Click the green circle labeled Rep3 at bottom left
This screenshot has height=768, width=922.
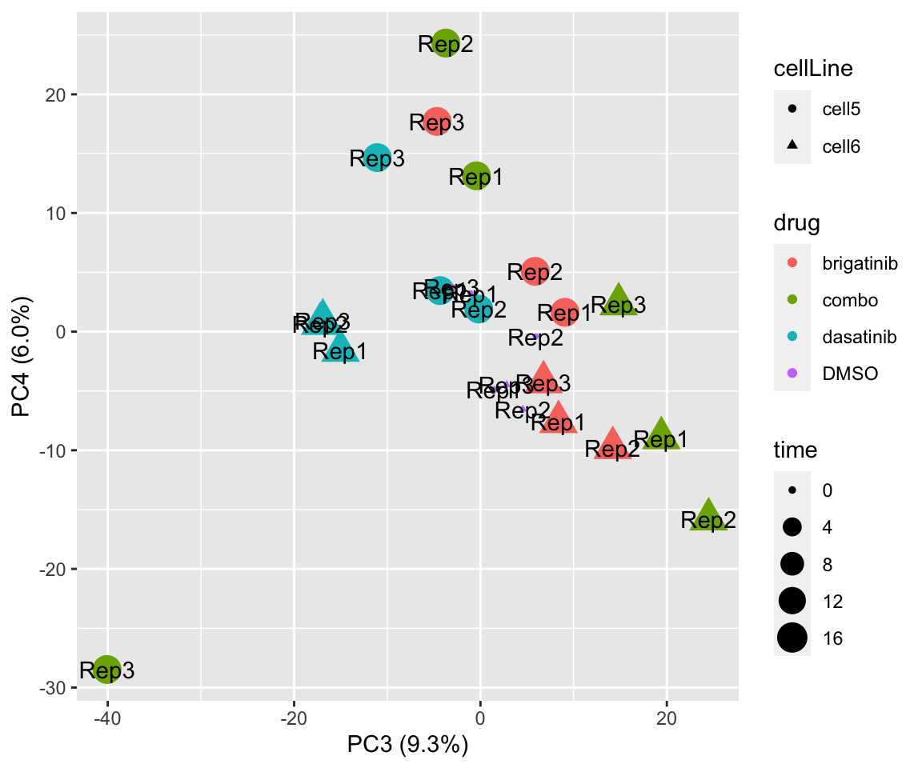pyautogui.click(x=107, y=670)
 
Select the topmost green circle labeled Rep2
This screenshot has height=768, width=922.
pyautogui.click(x=446, y=43)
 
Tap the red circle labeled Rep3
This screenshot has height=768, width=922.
pyautogui.click(x=436, y=122)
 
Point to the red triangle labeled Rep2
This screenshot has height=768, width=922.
pyautogui.click(x=613, y=445)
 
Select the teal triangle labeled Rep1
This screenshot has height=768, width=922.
pyautogui.click(x=340, y=347)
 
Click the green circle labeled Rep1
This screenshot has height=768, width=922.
pyautogui.click(x=477, y=176)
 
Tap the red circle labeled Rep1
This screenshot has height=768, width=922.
pyautogui.click(x=565, y=313)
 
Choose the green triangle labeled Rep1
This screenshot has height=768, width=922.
pyautogui.click(x=661, y=435)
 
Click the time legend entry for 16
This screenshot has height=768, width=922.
pyautogui.click(x=808, y=638)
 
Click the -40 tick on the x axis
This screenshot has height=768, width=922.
pyautogui.click(x=107, y=718)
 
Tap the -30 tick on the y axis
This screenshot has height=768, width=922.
pyautogui.click(x=64, y=688)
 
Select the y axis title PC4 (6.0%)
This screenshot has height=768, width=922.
pyautogui.click(x=22, y=357)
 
